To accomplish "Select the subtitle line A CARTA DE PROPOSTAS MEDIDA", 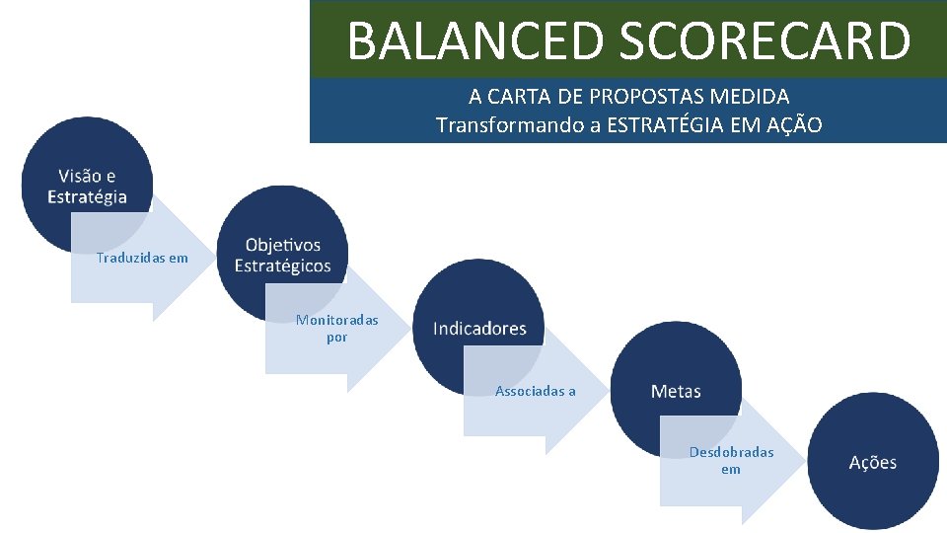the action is coord(628,97).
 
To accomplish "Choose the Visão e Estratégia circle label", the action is coord(87,187).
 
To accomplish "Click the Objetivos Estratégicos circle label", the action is coord(282,256).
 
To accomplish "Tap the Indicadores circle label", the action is coord(479,329).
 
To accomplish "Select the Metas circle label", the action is coord(676,392).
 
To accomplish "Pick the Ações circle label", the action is coord(873,462).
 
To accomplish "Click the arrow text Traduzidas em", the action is coord(142,259).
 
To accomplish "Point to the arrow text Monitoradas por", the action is coord(336,329).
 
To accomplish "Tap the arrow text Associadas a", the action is coord(536,392).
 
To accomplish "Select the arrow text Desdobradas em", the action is coord(731,460).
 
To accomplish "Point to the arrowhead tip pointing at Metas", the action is coord(603,393).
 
